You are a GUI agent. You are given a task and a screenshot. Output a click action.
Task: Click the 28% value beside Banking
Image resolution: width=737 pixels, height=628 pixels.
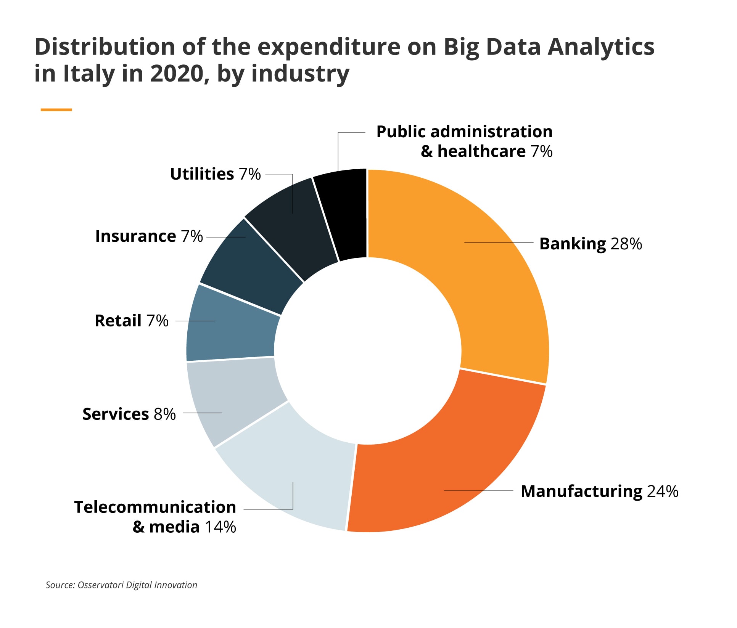[626, 244]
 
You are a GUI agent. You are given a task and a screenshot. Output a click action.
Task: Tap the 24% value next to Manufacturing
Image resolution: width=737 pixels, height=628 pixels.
[663, 491]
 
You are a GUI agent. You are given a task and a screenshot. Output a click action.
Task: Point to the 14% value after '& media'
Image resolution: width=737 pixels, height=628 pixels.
[220, 527]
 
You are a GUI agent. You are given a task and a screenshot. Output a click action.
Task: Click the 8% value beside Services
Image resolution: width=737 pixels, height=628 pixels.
[165, 414]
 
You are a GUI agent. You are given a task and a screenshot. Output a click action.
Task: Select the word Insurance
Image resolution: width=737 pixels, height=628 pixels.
[135, 236]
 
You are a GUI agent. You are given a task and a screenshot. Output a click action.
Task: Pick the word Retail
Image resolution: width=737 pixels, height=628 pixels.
[118, 321]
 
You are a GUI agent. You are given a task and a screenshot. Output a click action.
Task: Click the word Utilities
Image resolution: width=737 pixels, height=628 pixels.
[202, 174]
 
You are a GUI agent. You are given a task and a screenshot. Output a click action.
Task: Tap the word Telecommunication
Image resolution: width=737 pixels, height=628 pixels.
[155, 508]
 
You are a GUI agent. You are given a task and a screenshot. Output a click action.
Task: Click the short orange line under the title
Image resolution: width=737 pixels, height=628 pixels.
[56, 110]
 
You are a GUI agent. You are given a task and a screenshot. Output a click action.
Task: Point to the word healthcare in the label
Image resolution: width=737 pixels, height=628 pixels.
[481, 151]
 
